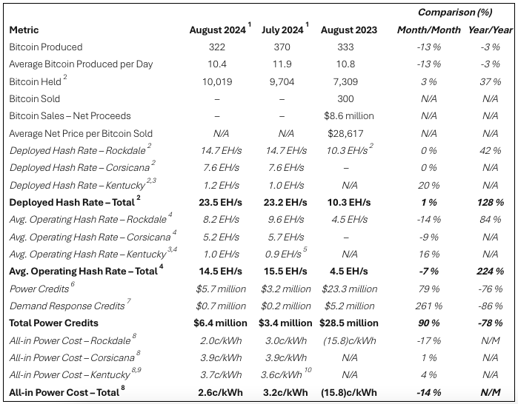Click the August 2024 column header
click(x=218, y=30)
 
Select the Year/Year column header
click(x=490, y=30)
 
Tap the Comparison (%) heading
click(x=455, y=13)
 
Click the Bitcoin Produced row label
click(x=45, y=47)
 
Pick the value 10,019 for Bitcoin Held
click(x=218, y=81)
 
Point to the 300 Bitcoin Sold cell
click(x=346, y=98)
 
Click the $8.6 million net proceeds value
click(x=348, y=115)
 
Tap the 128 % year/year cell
click(x=490, y=202)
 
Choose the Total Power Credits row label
click(x=55, y=323)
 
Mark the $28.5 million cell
click(x=349, y=323)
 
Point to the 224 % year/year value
click(x=490, y=272)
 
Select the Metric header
click(x=24, y=30)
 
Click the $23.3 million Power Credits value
click(x=349, y=289)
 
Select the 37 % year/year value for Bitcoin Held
click(x=490, y=81)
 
